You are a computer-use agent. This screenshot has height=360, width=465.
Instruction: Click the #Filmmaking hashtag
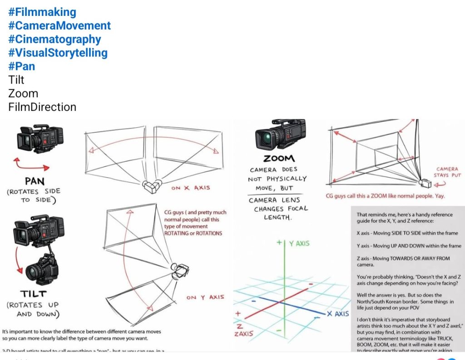[42, 12]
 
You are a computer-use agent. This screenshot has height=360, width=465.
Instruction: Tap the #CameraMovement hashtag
[59, 25]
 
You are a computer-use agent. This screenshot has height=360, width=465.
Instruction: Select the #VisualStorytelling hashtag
[58, 53]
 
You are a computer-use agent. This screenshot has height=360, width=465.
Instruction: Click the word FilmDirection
[42, 107]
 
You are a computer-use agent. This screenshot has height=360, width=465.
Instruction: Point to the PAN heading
[35, 181]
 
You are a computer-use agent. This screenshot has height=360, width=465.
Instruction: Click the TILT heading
[33, 294]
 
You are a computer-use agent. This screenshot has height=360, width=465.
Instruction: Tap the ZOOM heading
[279, 159]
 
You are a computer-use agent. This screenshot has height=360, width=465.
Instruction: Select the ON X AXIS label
[191, 188]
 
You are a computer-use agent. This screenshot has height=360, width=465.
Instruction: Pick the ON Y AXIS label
[205, 297]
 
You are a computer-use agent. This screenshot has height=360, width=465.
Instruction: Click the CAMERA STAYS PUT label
[447, 172]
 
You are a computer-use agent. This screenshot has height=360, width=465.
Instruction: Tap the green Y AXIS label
[299, 244]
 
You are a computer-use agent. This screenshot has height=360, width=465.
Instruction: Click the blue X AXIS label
[337, 314]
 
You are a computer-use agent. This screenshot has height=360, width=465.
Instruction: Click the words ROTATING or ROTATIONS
[193, 233]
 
